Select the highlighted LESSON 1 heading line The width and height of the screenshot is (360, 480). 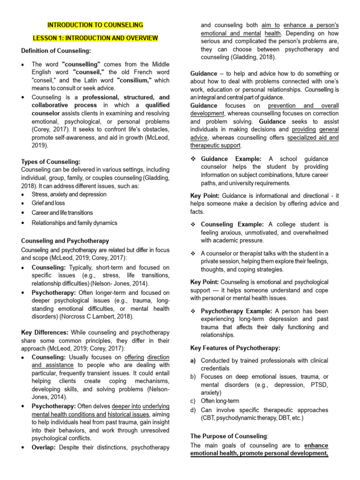[x=95, y=38]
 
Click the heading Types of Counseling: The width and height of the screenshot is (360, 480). [x=51, y=162]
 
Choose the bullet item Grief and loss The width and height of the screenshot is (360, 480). [x=48, y=203]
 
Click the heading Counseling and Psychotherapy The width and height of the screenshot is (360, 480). [x=65, y=240]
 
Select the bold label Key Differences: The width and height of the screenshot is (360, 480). [x=45, y=332]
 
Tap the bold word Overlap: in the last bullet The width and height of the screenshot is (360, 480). [x=45, y=447]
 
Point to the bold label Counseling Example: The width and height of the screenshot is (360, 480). [x=232, y=225]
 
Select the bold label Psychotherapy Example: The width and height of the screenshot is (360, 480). [x=236, y=311]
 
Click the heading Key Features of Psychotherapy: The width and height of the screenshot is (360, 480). [x=235, y=348]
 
